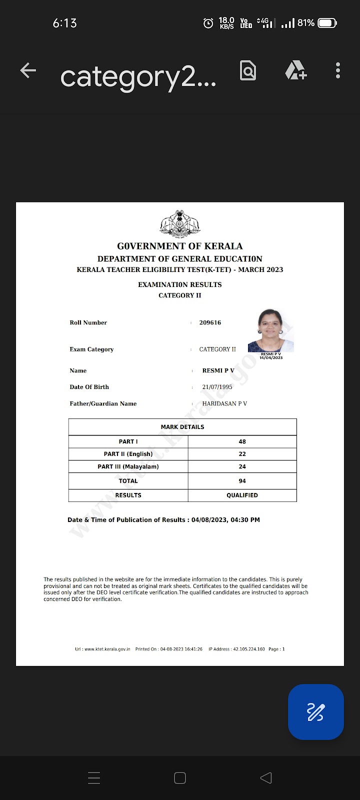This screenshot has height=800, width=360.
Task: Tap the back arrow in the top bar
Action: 28,71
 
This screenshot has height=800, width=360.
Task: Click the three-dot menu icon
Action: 338,71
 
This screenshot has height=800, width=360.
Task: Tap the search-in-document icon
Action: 248,71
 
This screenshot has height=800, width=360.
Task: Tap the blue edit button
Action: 315,711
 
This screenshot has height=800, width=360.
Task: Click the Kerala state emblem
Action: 180,223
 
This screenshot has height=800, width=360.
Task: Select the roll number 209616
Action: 210,322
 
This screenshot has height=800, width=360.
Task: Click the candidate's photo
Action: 270,330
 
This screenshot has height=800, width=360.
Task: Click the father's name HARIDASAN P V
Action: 224,403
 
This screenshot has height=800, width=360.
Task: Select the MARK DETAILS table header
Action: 182,427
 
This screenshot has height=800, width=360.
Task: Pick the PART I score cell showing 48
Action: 242,441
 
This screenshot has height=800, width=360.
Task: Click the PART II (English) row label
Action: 128,454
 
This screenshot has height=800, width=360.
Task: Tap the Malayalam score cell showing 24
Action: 242,466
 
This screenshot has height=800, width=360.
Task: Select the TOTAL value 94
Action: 242,481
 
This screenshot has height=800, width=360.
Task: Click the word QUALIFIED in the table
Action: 242,495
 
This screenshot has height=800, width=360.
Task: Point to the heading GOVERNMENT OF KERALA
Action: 180,246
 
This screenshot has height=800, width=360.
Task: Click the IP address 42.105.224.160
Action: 248,649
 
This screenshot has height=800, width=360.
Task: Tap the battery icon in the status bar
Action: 327,23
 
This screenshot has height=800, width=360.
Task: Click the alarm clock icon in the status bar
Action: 208,23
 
